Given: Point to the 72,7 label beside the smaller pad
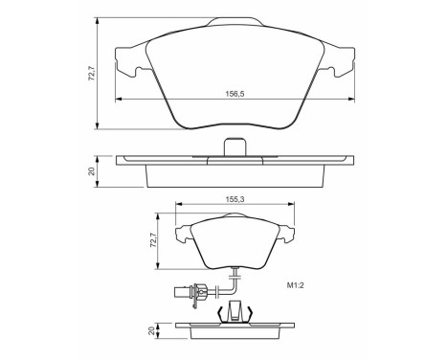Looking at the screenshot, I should pos(153,236).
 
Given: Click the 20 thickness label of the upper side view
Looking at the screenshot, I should pos(92,170).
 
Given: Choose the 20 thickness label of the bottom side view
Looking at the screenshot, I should pos(152,329).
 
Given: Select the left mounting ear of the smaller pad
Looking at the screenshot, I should pos(184,231).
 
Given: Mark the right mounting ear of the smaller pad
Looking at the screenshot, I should pos(284,231).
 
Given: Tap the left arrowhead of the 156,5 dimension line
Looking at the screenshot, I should pos(118,98).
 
